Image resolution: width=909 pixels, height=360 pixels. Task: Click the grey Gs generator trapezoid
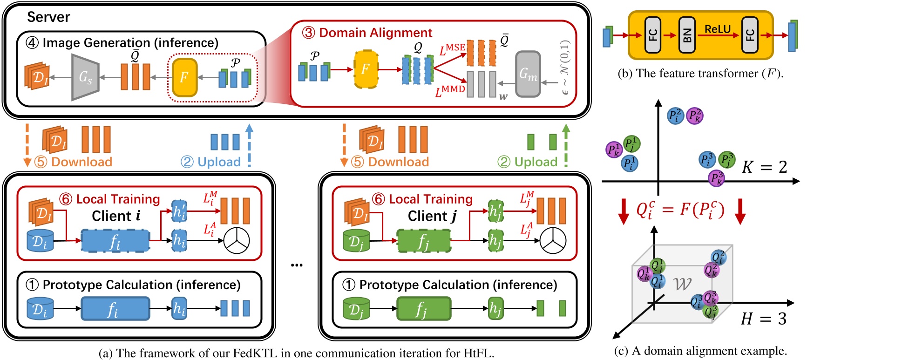(x=85, y=77)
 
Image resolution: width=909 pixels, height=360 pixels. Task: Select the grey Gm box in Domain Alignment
(x=528, y=74)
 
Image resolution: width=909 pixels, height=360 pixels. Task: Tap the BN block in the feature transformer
(x=687, y=35)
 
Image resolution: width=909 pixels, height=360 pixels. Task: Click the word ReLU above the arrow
(x=717, y=29)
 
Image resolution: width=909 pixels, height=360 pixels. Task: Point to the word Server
(x=48, y=17)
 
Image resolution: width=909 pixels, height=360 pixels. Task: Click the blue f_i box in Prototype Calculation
(x=115, y=309)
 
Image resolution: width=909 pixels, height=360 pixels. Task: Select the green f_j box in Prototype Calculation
(x=423, y=309)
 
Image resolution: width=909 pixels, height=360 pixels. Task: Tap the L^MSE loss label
(x=452, y=49)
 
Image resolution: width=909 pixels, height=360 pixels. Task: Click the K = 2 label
(x=764, y=167)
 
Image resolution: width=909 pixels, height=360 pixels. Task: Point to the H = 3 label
(x=763, y=319)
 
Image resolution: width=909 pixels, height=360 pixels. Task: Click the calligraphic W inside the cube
(x=683, y=284)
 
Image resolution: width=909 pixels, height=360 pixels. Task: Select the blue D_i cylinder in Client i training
(x=40, y=241)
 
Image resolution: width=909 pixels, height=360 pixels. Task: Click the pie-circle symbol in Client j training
(x=553, y=241)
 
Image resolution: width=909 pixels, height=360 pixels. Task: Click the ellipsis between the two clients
(x=297, y=265)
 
